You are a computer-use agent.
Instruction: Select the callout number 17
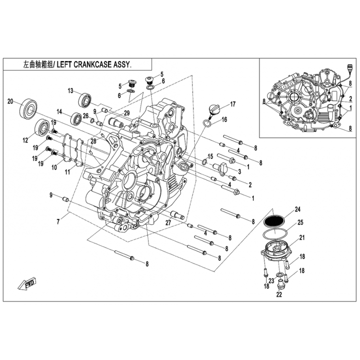233,104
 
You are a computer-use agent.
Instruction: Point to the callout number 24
297,208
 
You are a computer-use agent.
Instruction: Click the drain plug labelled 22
280,285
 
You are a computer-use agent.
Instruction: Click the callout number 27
168,222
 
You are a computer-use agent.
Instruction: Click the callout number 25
301,222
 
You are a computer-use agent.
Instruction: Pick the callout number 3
240,171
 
